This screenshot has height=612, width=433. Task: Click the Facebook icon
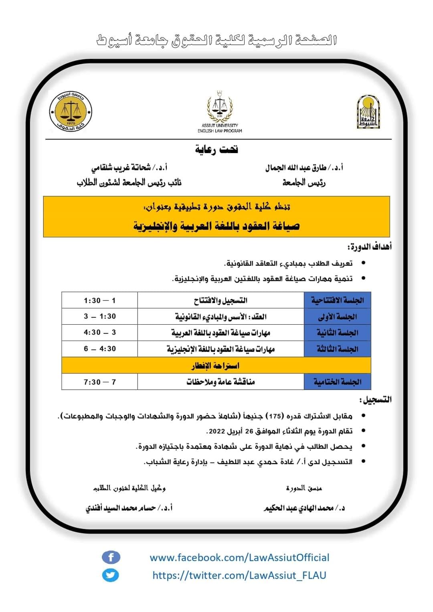111,557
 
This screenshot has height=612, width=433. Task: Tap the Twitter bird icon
111,576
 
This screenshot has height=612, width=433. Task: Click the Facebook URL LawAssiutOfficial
239,557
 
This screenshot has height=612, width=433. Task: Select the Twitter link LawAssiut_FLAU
239,576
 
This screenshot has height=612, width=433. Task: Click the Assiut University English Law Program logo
220,111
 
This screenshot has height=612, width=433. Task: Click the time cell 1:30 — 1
100,300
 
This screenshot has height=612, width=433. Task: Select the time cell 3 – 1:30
100,316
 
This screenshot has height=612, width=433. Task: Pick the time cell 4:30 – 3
100,332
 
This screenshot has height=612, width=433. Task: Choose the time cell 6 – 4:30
100,349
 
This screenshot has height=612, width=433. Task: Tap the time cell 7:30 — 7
100,382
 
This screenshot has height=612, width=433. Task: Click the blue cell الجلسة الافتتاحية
337,300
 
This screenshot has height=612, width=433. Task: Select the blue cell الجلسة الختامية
337,382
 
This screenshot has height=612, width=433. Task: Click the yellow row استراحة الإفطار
216,366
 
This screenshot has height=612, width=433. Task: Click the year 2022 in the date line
216,431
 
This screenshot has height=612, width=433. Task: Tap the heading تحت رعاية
216,149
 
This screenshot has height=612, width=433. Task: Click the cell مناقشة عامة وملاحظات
221,382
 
